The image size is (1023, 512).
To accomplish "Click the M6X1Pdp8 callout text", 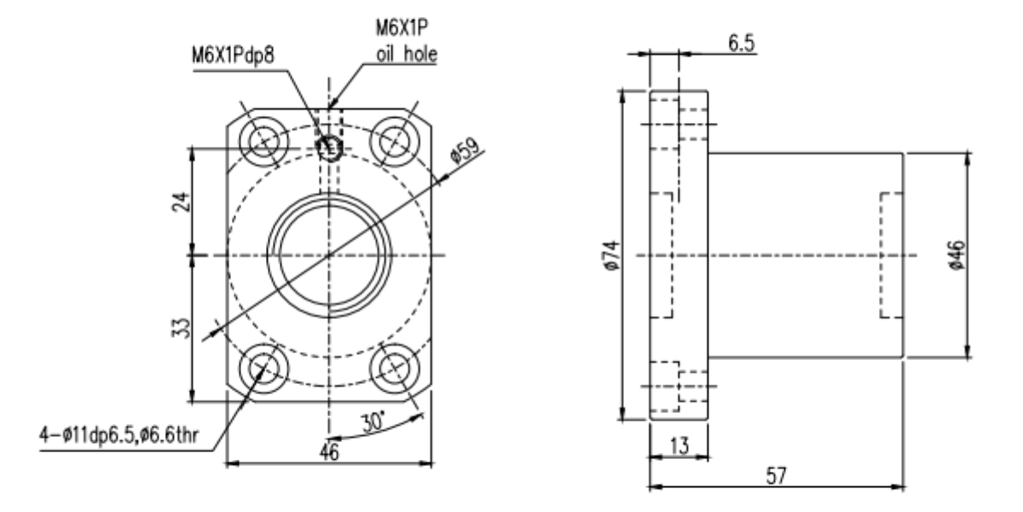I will [x=238, y=62].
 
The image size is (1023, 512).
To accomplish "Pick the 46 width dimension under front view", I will [x=328, y=453].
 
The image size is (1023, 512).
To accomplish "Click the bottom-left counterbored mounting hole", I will [x=264, y=368].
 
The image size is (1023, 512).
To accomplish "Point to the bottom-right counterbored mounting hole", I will [x=394, y=368].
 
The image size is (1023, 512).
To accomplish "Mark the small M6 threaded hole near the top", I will [x=329, y=148].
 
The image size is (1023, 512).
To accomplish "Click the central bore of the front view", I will [x=329, y=254].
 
